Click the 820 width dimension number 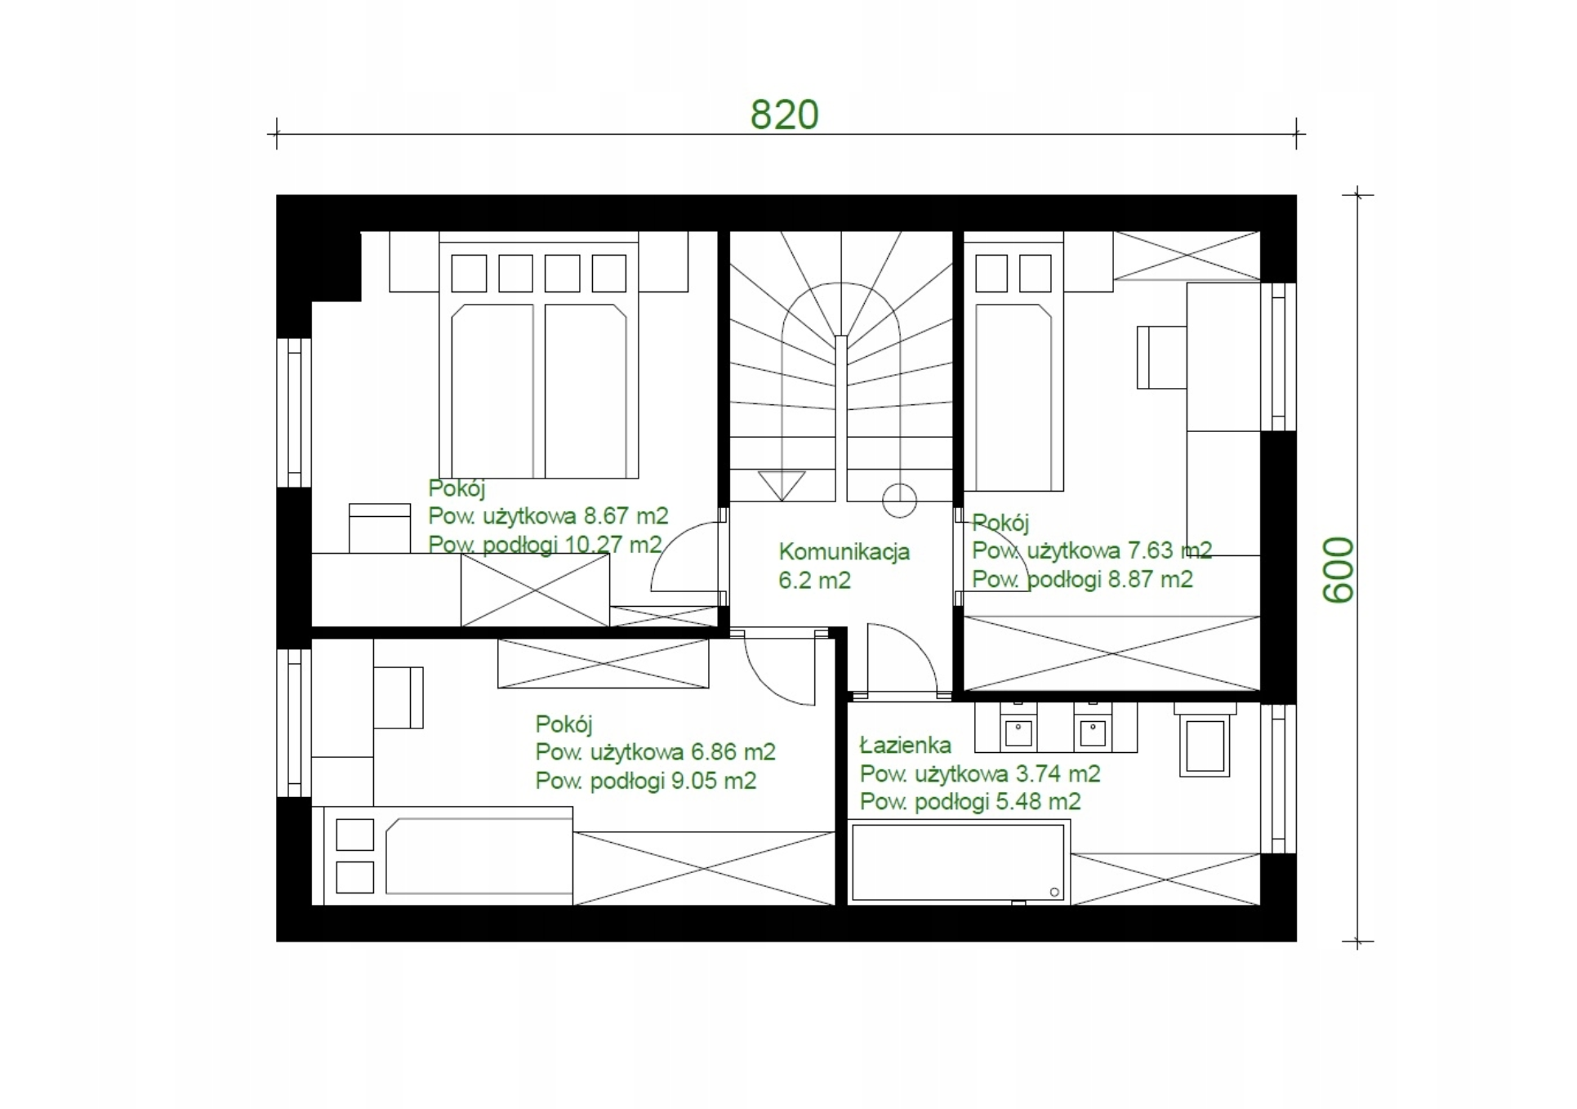pos(784,115)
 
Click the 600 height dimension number pos(1339,570)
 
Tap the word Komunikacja pos(844,552)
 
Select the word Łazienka pos(906,745)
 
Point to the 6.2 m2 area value pos(814,581)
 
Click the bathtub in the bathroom pos(959,862)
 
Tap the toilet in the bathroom pos(1204,740)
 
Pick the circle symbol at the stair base pos(899,501)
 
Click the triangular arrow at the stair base pos(782,486)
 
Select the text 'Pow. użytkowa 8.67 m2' pos(548,516)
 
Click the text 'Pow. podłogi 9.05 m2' pos(645,781)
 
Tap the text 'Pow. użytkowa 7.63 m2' pos(1091,550)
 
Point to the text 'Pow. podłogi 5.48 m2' pos(970,802)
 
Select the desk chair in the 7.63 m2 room pos(1161,358)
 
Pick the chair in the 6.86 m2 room pos(399,697)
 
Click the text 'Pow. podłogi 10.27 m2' pos(545,545)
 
